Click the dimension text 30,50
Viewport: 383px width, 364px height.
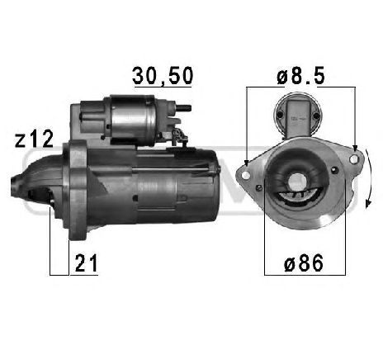tap(163, 75)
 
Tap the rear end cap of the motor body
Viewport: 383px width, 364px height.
tap(213, 182)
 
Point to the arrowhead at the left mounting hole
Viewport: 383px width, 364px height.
tap(247, 163)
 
